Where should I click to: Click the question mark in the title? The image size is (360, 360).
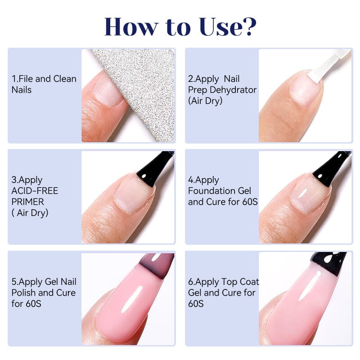[x=248, y=27]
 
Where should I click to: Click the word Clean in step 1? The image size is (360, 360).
[x=65, y=79]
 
